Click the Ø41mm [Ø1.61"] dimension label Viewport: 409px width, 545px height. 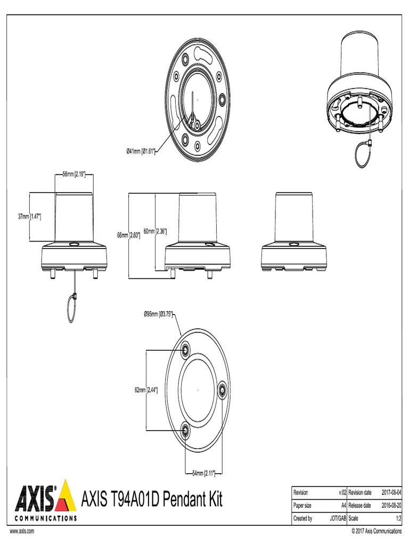click(140, 151)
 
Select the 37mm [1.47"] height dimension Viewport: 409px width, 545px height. click(30, 217)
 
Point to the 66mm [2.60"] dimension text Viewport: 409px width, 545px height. click(128, 235)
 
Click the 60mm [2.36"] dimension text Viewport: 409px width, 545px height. click(155, 231)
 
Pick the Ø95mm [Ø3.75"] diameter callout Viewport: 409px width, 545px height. click(159, 314)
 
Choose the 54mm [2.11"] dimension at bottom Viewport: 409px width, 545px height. click(203, 472)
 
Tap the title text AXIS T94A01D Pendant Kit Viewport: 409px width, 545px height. click(151, 500)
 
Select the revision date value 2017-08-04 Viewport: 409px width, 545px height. click(391, 493)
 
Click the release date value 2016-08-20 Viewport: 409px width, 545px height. click(391, 505)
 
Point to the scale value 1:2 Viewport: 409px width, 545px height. click(398, 517)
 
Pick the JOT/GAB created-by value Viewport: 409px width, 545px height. click(338, 517)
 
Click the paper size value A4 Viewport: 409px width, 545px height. click(343, 505)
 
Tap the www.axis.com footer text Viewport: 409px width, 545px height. click(21, 531)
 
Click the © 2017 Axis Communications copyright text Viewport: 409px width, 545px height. click(377, 531)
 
